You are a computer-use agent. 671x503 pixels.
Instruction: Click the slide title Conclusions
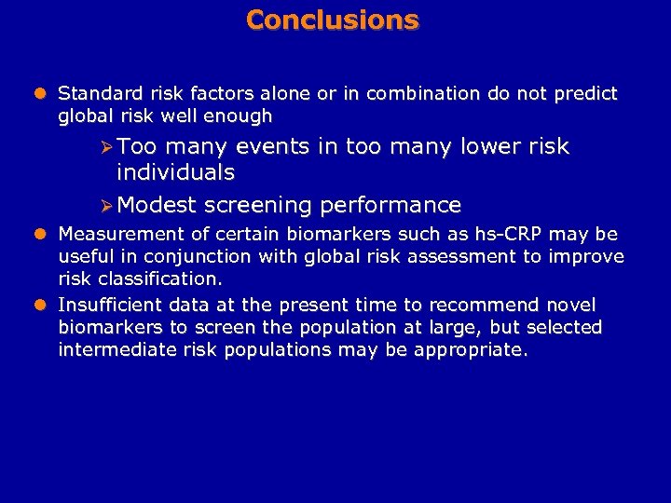point(333,20)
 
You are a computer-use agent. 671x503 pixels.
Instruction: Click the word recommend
point(492,305)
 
